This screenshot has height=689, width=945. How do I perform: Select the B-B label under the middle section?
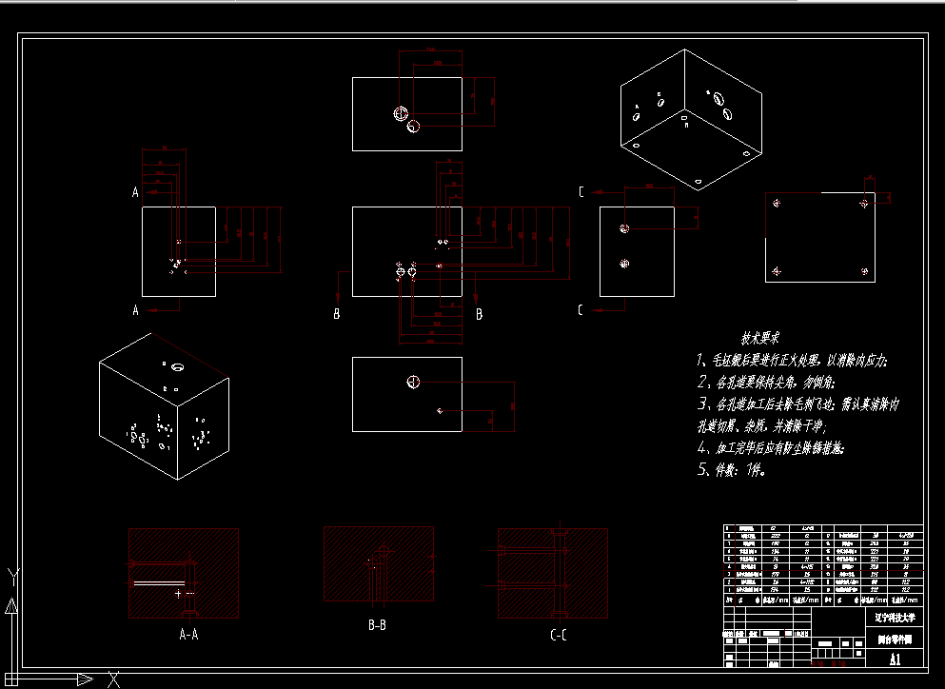coord(377,625)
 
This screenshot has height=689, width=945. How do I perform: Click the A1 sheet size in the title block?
coord(895,659)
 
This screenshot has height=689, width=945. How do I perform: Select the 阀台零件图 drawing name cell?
coord(895,640)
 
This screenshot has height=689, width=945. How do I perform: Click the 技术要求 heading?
coord(760,338)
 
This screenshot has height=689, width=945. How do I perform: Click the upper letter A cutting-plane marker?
coord(136,191)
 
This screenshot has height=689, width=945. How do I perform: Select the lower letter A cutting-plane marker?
coord(136,310)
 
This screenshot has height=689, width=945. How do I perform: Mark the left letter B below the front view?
coord(336,313)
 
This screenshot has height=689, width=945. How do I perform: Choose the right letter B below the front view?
coord(479,313)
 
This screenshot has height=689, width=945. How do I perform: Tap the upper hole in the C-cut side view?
coord(624,227)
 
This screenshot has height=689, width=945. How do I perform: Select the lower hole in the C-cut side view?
coord(624,263)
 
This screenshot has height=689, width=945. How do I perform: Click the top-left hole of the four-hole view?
coord(778,204)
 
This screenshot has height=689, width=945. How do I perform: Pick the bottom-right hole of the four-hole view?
coord(863,271)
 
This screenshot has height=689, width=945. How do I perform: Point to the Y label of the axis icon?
coord(12,574)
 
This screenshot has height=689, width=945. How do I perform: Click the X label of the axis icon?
coord(114,679)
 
